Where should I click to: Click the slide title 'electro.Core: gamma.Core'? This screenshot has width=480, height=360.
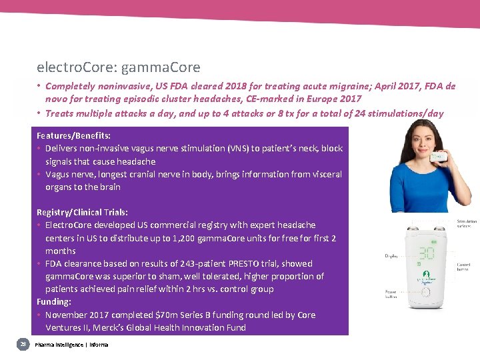119,67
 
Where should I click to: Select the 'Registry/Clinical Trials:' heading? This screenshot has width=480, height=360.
82,212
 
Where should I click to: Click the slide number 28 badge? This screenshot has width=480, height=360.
23,343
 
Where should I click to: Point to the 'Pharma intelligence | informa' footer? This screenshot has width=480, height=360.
71,344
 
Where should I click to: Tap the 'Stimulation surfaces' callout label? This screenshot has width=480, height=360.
465,224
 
